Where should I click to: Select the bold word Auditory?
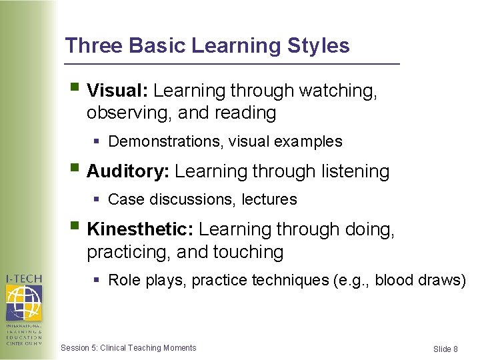coord(128,171)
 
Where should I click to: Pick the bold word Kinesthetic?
coord(140,229)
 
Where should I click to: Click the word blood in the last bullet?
coord(395,280)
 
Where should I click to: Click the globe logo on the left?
coord(23,303)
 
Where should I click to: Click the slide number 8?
coord(455,349)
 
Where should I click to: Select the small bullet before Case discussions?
coord(97,199)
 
